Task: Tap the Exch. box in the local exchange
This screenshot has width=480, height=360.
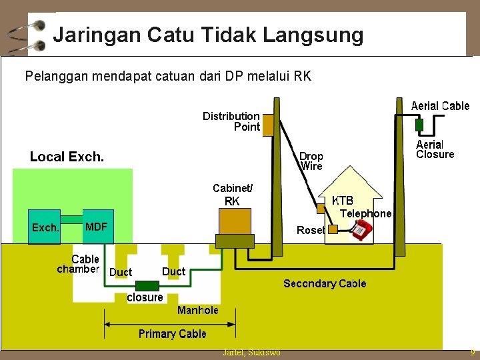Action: pos(45,227)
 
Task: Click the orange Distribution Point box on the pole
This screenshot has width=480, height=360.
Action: pos(267,125)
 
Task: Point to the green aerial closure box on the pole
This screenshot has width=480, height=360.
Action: pos(419,125)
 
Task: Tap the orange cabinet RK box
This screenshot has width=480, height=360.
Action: pos(235,221)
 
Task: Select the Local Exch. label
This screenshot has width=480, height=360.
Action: pos(67,157)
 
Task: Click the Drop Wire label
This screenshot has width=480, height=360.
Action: pos(311,161)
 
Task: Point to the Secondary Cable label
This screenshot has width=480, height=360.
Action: pos(325,284)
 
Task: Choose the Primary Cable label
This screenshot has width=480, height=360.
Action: pos(172,334)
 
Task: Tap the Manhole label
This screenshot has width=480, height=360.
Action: pos(197,311)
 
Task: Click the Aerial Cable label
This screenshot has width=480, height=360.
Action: pos(440,106)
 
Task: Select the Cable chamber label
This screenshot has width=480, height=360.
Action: pos(79,264)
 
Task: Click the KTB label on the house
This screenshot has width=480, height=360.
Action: pos(343,201)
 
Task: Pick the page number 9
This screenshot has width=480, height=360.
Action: pos(473,352)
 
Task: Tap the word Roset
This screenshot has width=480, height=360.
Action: pos(310,230)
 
